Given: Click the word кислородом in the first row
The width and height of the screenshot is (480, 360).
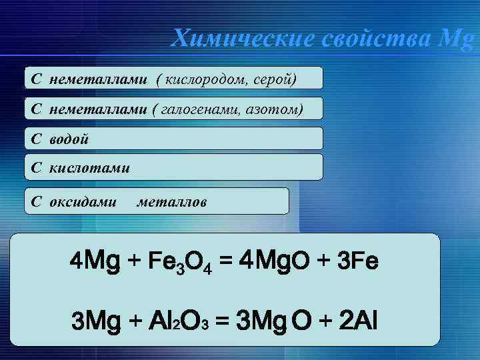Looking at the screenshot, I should [x=203, y=79].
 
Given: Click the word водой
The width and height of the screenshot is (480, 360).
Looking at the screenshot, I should [x=69, y=139].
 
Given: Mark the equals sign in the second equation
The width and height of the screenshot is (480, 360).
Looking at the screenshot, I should [x=223, y=323].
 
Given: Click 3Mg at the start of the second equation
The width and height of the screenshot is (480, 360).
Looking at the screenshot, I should [x=96, y=323].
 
